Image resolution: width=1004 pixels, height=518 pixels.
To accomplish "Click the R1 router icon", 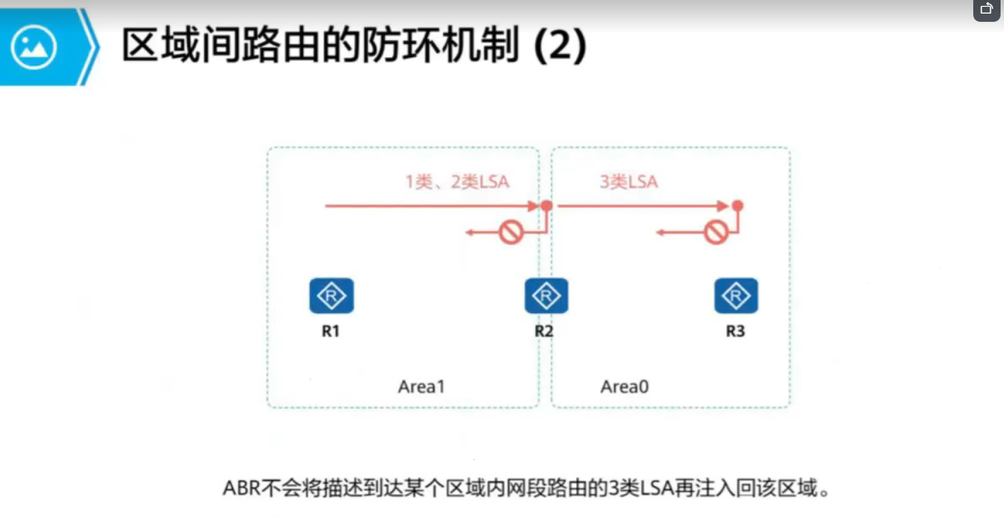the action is [332, 296].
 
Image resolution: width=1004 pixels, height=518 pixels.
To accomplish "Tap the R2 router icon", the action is [546, 296].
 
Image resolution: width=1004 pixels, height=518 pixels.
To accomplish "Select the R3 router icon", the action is [736, 296].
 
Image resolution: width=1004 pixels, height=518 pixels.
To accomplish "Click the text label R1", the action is [330, 332].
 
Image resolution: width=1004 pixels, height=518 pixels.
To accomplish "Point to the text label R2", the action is [544, 332].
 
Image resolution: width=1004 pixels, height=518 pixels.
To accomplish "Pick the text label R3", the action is [735, 332].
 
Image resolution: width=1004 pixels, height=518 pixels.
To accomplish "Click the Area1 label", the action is [421, 387].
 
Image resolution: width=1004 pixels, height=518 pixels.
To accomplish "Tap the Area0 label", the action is [625, 387].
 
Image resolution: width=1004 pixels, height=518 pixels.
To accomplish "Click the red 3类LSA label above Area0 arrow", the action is [629, 182].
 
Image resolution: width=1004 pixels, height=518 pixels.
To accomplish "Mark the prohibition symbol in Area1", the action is [511, 233].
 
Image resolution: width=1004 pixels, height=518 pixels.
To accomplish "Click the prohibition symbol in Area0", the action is [715, 233].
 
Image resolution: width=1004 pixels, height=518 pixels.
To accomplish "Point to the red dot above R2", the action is [546, 205].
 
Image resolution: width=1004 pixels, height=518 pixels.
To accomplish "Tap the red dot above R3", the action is [737, 205].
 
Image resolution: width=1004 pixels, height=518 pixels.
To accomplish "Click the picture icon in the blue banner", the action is [34, 47].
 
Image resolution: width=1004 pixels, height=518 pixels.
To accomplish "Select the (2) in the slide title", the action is [560, 46].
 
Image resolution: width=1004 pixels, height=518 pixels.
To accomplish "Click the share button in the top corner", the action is [986, 10].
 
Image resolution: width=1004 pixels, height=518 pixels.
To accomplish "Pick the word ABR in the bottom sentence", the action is [241, 489].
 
